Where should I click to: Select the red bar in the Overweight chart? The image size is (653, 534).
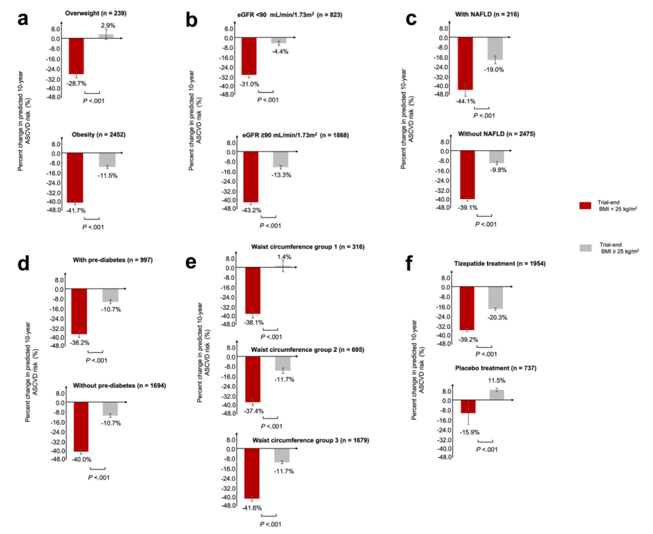(x=76, y=56)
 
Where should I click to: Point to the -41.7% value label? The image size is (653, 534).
(x=76, y=211)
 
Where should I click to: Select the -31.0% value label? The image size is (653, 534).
(x=250, y=84)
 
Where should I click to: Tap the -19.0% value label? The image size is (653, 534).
(x=495, y=69)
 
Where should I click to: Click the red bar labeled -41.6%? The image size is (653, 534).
(x=252, y=474)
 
